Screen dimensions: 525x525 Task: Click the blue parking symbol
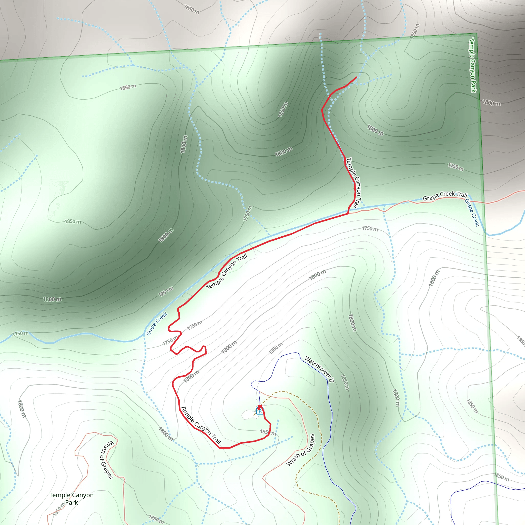point(259,411)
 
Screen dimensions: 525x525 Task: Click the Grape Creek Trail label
point(445,196)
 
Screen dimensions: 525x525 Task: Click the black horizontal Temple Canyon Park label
point(72,499)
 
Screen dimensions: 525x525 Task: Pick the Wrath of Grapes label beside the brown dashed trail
point(301,450)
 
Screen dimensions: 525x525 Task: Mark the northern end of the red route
point(356,77)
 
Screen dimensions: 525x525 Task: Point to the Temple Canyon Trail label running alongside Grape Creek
point(227,271)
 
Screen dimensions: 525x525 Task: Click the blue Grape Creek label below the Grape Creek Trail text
point(472,213)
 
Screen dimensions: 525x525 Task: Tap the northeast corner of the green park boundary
point(476,33)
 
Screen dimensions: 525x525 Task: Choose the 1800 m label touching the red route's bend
point(191,377)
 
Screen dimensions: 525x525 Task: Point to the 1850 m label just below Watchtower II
point(345,382)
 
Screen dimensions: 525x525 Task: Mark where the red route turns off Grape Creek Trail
point(348,214)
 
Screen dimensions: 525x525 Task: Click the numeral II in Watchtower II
point(331,380)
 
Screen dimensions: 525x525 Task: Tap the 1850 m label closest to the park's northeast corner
point(415,31)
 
